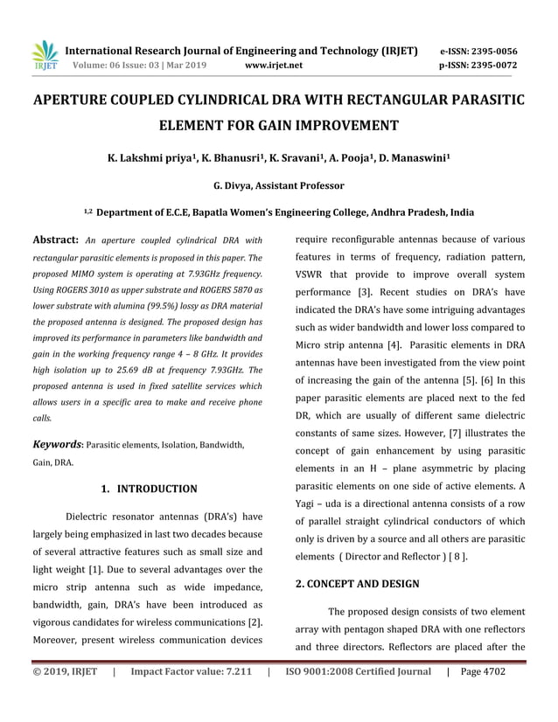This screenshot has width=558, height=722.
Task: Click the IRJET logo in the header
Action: tap(45, 56)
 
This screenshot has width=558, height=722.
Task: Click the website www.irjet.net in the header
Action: tap(274, 65)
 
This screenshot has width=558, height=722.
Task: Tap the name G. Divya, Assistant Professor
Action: tap(278, 185)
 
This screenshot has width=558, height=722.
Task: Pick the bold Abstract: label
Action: tap(56, 240)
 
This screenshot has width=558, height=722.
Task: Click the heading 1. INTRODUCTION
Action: tap(148, 488)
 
